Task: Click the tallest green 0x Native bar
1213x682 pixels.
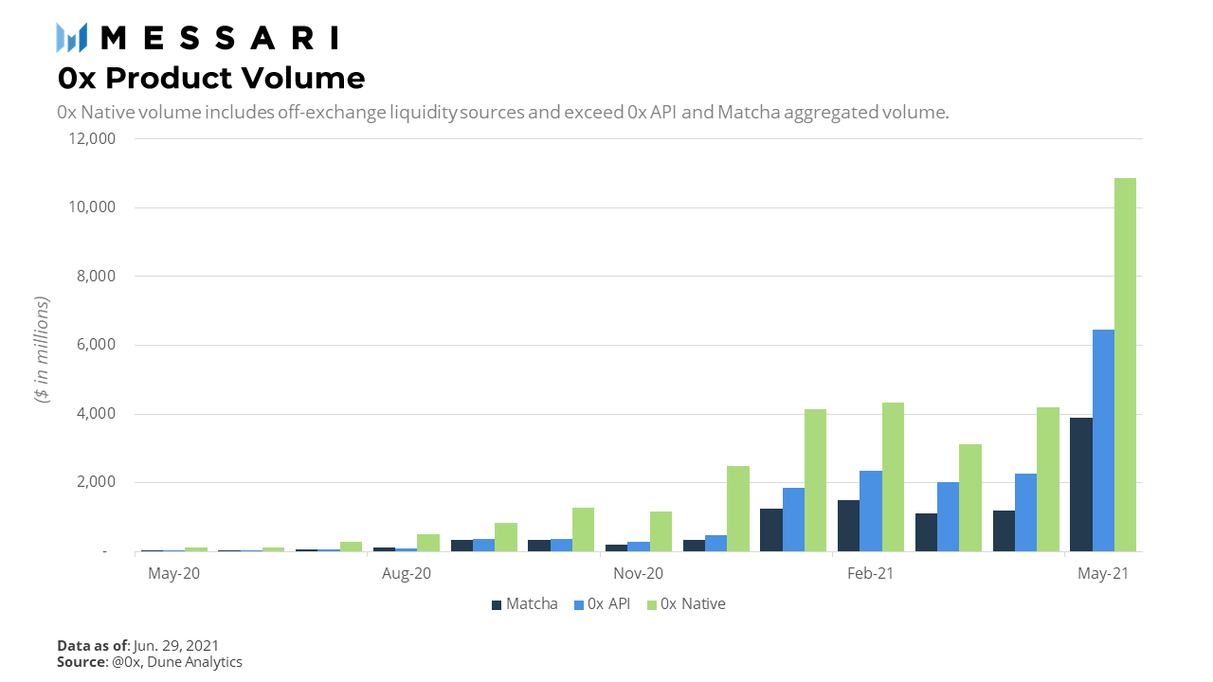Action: click(x=1125, y=365)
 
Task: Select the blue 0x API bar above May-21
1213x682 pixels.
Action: click(x=1103, y=440)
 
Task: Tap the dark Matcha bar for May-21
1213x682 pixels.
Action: click(x=1081, y=484)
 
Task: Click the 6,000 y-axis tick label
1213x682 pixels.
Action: click(x=93, y=345)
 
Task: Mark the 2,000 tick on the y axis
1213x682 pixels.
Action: click(x=93, y=482)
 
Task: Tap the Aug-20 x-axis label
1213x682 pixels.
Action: click(x=407, y=574)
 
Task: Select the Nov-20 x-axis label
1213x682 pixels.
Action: click(x=639, y=574)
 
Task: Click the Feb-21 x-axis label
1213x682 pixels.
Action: click(x=870, y=574)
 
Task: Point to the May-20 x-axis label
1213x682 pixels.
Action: click(x=174, y=574)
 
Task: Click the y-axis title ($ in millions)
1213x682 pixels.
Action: click(x=42, y=350)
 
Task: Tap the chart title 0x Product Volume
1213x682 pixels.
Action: click(x=210, y=78)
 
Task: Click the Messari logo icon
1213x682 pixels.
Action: click(x=72, y=37)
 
